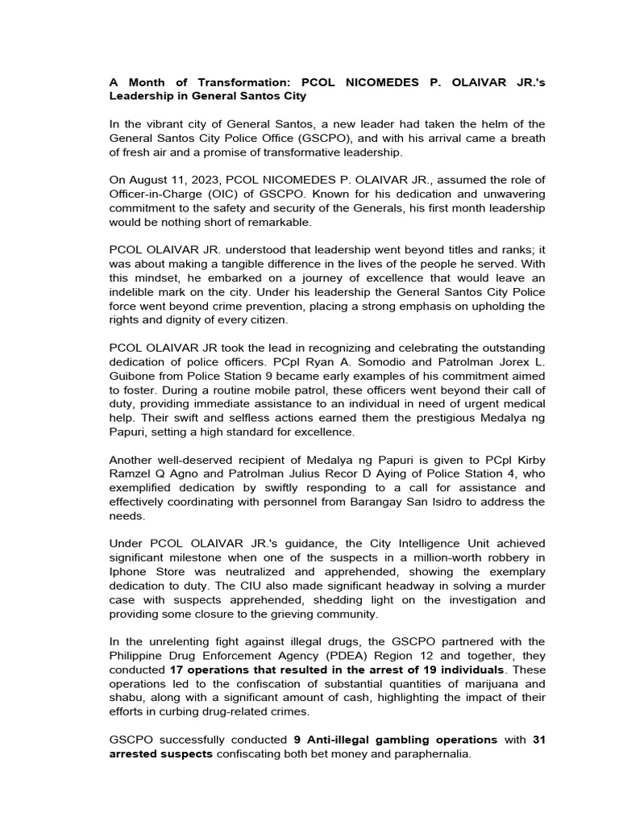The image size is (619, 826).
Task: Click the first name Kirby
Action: [528, 460]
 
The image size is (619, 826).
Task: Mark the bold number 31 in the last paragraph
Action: [538, 740]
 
